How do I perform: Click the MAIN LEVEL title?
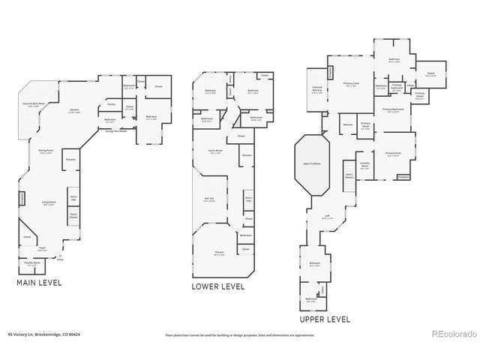point(39,283)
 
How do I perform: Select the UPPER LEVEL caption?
point(324,319)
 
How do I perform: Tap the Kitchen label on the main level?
point(75,111)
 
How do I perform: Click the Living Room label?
point(49,202)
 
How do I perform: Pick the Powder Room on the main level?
point(33,264)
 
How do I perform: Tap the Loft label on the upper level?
point(327,217)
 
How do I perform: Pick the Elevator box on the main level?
point(71,160)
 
